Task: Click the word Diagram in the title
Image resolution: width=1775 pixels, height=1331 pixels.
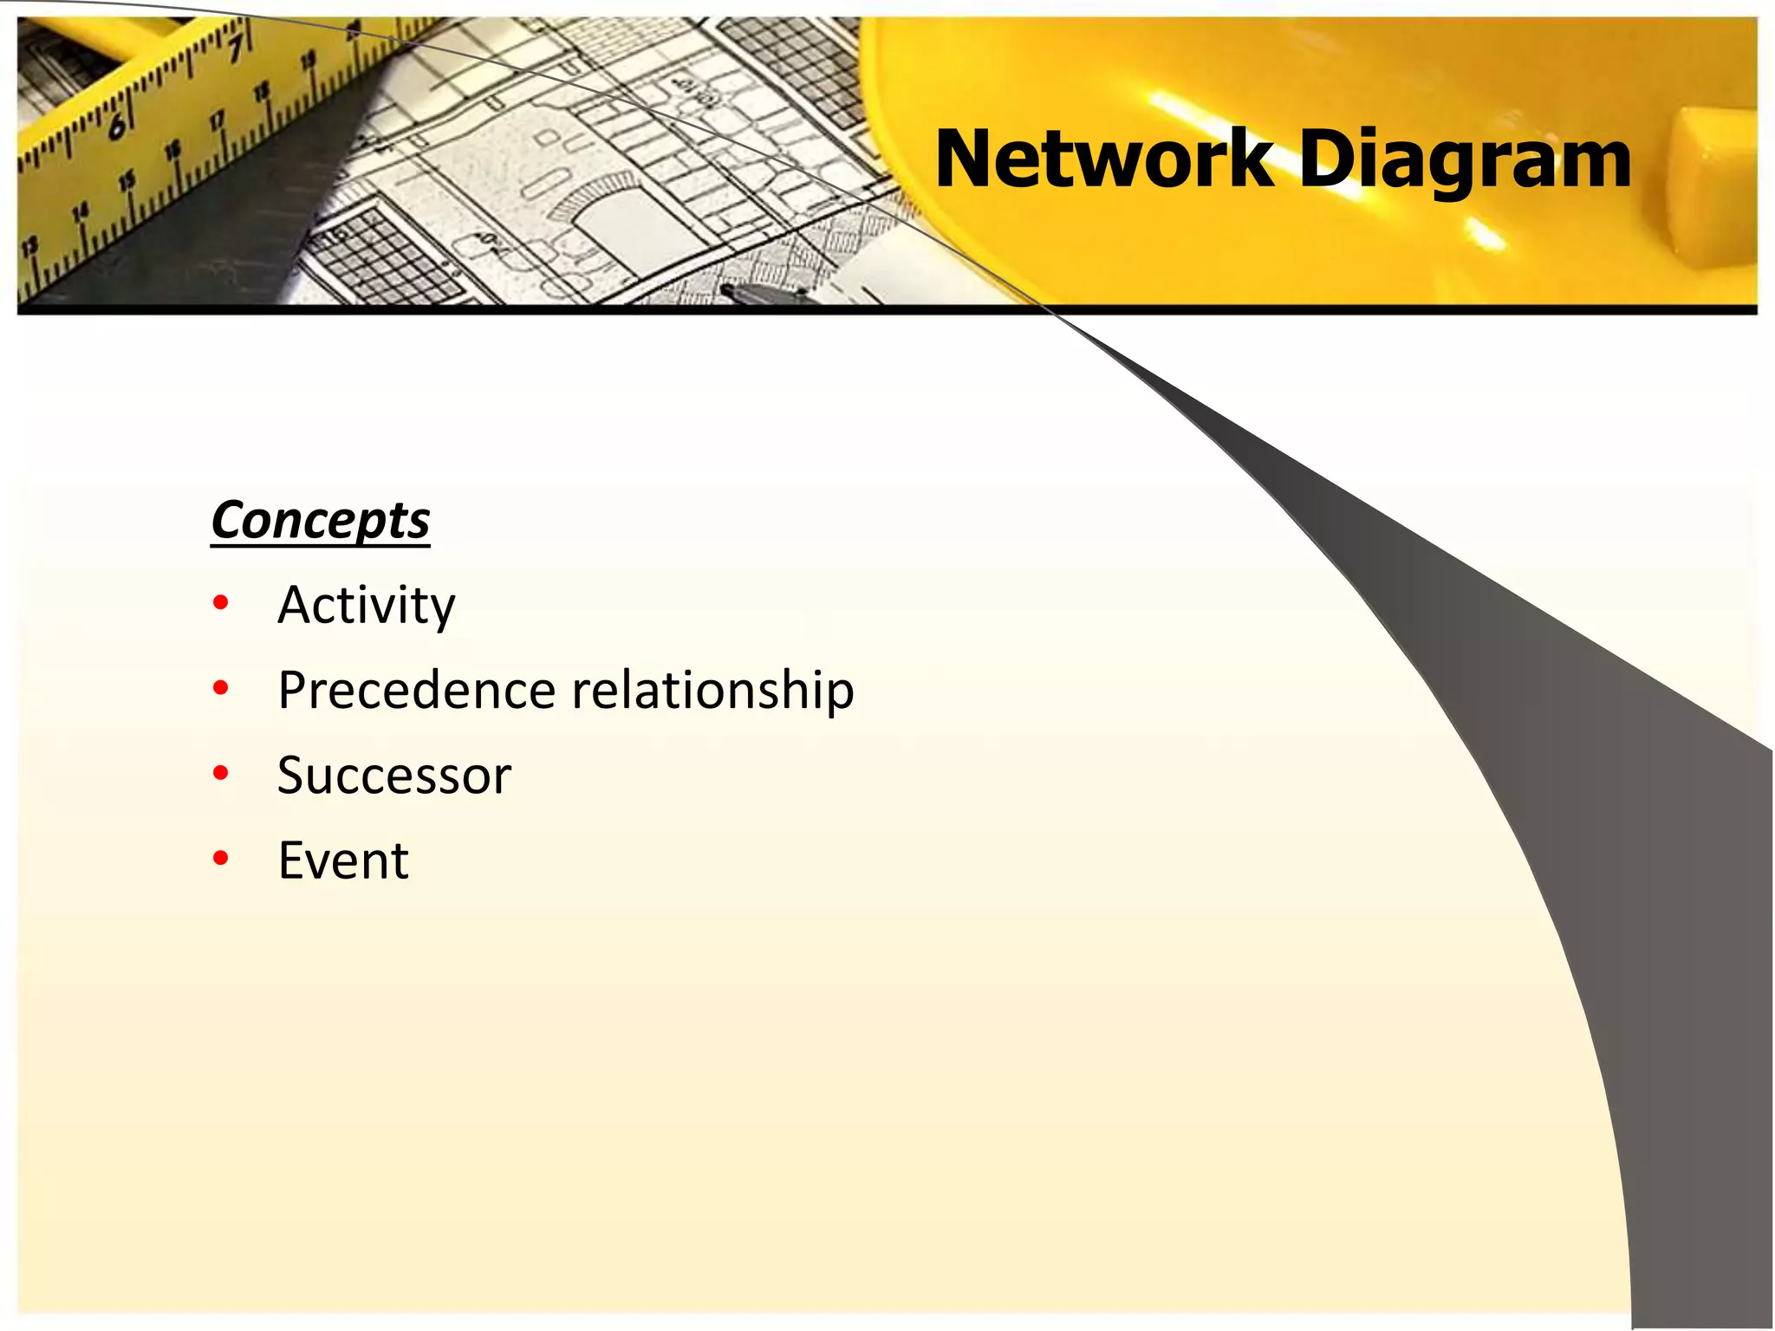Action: [x=1465, y=161]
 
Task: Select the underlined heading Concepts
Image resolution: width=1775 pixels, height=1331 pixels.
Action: [x=321, y=521]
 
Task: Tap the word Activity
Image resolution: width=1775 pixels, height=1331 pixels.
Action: [x=366, y=605]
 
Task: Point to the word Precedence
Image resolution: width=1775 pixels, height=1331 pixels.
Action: [x=416, y=690]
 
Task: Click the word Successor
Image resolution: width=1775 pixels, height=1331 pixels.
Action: [x=394, y=775]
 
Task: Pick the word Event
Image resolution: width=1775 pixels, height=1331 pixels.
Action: [x=343, y=860]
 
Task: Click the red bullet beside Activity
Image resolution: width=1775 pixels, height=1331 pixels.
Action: [x=221, y=602]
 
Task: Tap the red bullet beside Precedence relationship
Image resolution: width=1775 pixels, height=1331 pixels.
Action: [x=221, y=688]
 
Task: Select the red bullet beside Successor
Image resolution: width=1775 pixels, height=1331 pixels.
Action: [x=221, y=773]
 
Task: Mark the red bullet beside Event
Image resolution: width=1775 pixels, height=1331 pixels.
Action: [x=221, y=858]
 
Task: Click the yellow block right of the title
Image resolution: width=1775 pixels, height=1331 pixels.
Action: [x=1712, y=191]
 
